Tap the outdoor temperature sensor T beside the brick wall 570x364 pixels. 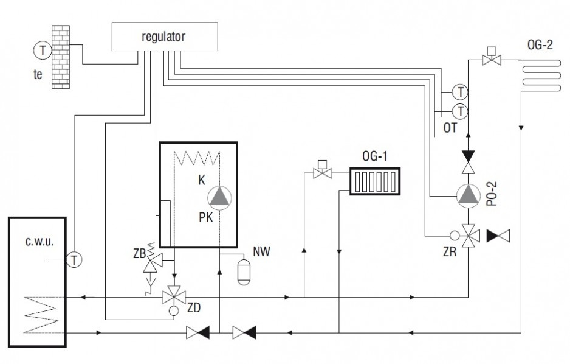[x=43, y=51]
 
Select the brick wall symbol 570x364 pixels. [x=61, y=57]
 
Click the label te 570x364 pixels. [x=38, y=75]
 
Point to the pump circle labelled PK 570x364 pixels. [x=219, y=198]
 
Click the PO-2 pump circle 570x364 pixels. [x=468, y=196]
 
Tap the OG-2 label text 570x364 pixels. [x=540, y=45]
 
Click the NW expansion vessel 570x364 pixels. [x=244, y=271]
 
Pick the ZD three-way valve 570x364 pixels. [x=174, y=298]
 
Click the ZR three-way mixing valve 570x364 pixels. [x=468, y=236]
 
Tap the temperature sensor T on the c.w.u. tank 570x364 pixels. [x=74, y=260]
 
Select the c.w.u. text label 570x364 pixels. [x=39, y=241]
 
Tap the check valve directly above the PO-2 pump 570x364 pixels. [x=468, y=163]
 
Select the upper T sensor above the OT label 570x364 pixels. [x=460, y=92]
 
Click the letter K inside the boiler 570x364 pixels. [x=202, y=180]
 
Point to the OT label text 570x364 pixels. [x=450, y=128]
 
